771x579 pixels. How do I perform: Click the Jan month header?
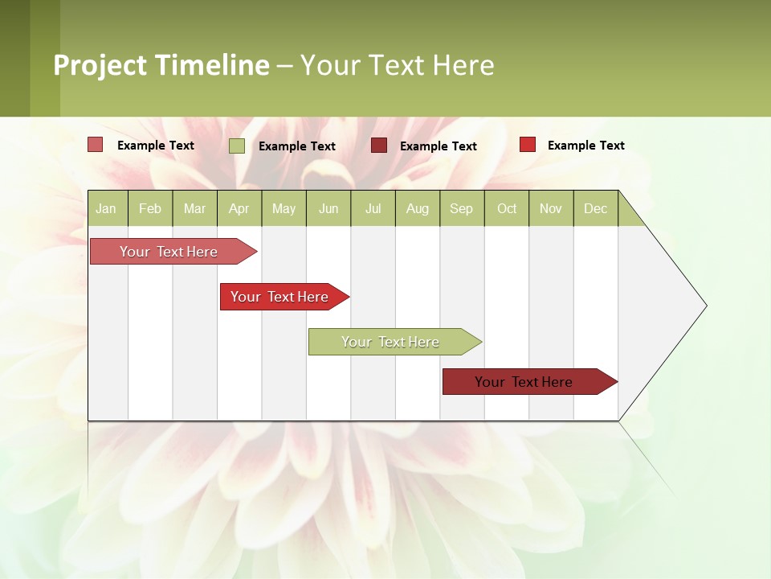pyautogui.click(x=107, y=208)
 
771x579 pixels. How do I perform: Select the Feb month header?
pyautogui.click(x=150, y=208)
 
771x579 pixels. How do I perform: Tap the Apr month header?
pyautogui.click(x=239, y=208)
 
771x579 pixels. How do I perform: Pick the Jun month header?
pyautogui.click(x=328, y=208)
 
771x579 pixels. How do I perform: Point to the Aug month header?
pyautogui.click(x=418, y=208)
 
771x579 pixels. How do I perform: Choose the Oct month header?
pyautogui.click(x=507, y=208)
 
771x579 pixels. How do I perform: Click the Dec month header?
pyautogui.click(x=596, y=208)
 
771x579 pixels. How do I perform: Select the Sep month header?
pyautogui.click(x=462, y=208)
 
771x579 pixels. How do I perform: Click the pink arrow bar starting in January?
pyautogui.click(x=169, y=252)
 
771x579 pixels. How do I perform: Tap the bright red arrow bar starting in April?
pyautogui.click(x=280, y=297)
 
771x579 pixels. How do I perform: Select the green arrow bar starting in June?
pyautogui.click(x=390, y=342)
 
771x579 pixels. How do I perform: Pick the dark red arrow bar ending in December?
pyautogui.click(x=524, y=382)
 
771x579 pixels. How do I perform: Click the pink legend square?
pyautogui.click(x=96, y=145)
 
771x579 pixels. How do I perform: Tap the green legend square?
pyautogui.click(x=237, y=146)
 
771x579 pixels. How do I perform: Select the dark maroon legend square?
pyautogui.click(x=379, y=145)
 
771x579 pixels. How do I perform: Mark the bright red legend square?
pyautogui.click(x=528, y=145)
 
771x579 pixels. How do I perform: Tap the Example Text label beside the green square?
pyautogui.click(x=297, y=146)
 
